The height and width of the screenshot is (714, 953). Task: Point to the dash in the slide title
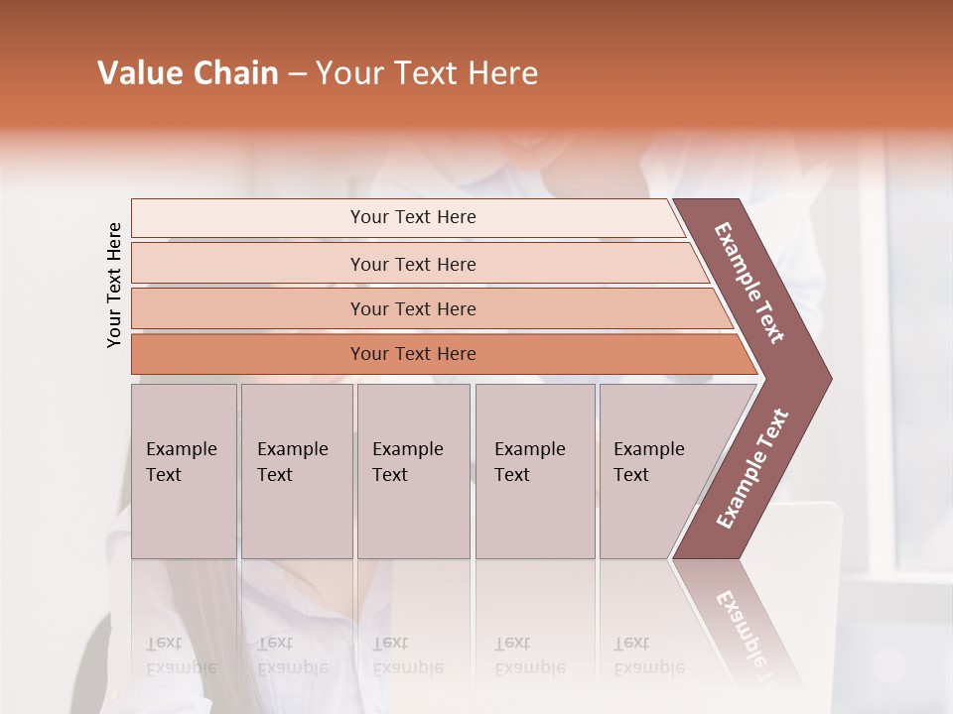tap(297, 74)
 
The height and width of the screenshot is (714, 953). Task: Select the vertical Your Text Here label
tap(114, 285)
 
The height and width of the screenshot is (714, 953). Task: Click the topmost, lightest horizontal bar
tap(412, 217)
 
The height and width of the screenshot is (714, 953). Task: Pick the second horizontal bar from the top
tap(412, 264)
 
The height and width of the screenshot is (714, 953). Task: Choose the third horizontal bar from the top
tap(412, 308)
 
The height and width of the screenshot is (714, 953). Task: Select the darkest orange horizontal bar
tap(412, 354)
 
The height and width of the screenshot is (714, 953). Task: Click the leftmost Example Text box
tap(184, 471)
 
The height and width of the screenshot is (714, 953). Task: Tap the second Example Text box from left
tap(296, 471)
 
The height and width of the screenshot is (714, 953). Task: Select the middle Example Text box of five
tap(413, 471)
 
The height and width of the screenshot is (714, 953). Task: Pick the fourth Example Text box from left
tap(534, 471)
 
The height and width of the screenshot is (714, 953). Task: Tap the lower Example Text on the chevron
tap(751, 469)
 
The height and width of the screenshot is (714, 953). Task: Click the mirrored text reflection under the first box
tap(181, 656)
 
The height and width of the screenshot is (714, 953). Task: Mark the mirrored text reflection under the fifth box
tap(648, 656)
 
